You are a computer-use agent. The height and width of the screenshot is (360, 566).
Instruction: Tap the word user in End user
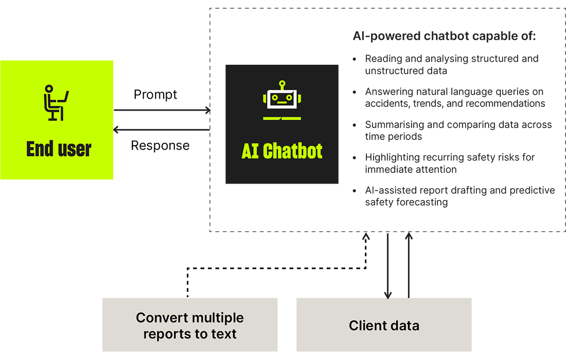tap(74, 149)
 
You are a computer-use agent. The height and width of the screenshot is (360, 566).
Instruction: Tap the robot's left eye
tap(275, 96)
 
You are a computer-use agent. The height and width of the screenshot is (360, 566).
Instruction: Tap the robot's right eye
tap(289, 96)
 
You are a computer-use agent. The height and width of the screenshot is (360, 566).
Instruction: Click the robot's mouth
tap(282, 103)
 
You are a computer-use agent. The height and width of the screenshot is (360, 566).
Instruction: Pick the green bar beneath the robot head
tap(282, 118)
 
